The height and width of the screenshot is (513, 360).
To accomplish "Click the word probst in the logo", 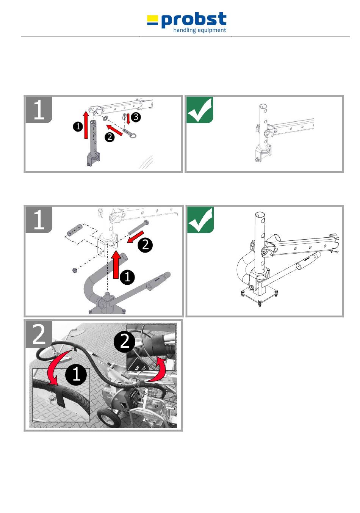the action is click(194, 20).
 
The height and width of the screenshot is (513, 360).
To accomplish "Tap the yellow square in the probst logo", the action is click(152, 18).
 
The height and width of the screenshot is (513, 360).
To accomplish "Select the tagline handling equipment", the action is click(200, 30).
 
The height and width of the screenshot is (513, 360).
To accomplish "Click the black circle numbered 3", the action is click(136, 117).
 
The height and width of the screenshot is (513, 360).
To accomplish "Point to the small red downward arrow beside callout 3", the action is click(128, 118).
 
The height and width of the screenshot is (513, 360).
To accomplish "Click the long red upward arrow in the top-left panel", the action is click(86, 125).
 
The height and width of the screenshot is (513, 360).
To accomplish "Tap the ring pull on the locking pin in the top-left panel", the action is click(133, 136).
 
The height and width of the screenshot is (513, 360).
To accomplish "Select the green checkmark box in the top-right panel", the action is click(200, 110).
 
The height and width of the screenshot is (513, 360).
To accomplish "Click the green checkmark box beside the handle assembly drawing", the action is click(200, 220).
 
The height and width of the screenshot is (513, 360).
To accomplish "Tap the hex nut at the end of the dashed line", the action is click(74, 270).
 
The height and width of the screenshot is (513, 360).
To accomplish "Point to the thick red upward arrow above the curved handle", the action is click(116, 265).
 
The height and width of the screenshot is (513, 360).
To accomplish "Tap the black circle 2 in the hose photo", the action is click(125, 342).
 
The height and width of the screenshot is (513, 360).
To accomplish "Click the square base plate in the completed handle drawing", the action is click(259, 295).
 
